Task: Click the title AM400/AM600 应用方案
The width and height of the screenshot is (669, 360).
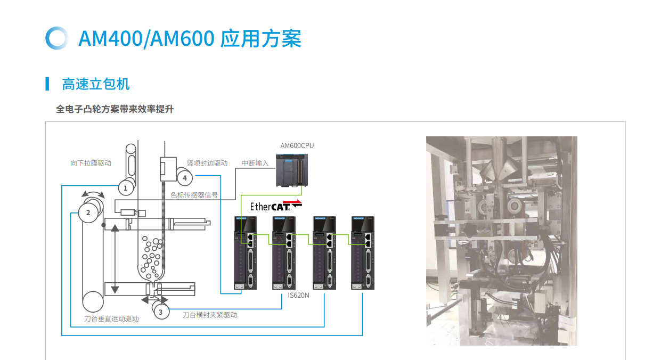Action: coord(190,38)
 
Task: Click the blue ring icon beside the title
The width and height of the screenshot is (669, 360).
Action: coord(56,38)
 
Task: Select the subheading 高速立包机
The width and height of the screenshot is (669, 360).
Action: coord(96,84)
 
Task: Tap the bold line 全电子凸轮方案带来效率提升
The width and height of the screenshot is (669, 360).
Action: coord(115,109)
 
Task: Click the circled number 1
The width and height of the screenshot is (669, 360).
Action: coord(126,187)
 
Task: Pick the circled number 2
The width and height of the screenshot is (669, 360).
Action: coord(88,213)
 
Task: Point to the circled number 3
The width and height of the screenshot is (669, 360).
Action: coord(161,312)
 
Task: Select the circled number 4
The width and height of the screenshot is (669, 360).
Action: coord(184,177)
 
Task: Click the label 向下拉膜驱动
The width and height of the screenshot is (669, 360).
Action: coord(91,163)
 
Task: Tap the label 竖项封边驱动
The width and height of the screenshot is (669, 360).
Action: coord(207,163)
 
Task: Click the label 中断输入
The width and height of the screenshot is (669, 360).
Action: coord(255,163)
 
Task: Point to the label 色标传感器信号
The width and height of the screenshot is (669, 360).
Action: coord(194,195)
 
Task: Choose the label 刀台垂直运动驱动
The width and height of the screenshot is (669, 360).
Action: coord(111,318)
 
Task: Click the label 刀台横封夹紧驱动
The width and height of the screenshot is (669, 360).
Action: coord(210,315)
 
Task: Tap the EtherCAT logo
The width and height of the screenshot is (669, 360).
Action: coord(276,206)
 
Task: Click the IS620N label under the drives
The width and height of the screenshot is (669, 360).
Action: coord(298,295)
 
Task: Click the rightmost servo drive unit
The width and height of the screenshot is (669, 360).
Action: coord(364,253)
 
